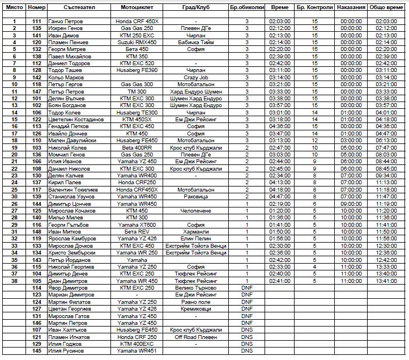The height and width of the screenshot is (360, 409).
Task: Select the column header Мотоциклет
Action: pos(137,7)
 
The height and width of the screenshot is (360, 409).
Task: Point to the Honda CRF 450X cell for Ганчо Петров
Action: pos(137,21)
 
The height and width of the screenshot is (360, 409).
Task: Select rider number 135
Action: pos(37,28)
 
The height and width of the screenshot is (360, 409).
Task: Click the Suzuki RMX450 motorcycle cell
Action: pos(137,42)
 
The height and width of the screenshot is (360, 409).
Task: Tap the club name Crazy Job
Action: pos(196,77)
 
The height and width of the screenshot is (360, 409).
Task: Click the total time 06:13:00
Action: pos(386,140)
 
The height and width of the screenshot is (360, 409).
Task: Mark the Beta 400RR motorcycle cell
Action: pos(137,147)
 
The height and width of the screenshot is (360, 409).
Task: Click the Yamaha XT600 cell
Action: pos(137,225)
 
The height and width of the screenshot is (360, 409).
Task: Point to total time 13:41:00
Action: pos(386,281)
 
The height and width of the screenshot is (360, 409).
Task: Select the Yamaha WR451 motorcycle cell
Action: pos(137,351)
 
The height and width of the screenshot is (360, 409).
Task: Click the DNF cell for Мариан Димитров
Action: pos(247,295)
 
